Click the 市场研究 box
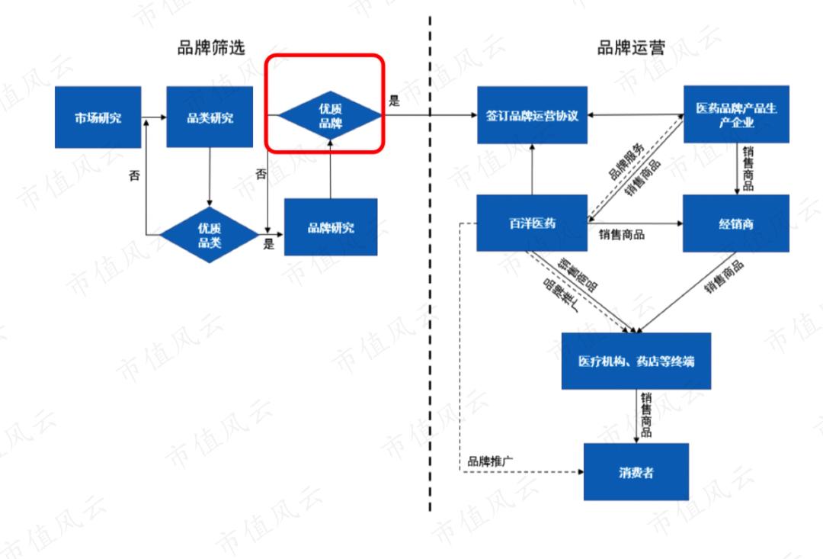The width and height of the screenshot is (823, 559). coord(98,117)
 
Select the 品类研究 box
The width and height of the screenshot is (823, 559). coord(210,117)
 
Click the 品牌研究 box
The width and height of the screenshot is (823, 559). coord(330,227)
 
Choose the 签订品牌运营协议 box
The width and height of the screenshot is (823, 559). coord(532,116)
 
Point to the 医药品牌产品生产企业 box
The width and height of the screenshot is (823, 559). coord(736,116)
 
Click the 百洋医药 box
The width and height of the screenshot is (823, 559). coord(532,223)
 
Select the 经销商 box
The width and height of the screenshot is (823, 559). coord(735,223)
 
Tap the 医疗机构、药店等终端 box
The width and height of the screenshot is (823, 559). coord(636,361)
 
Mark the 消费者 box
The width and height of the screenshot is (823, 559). coord(636,472)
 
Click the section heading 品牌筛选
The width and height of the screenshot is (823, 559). coord(212,49)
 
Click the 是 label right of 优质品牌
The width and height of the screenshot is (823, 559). coord(394,101)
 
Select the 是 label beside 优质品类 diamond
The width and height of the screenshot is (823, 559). coord(268,245)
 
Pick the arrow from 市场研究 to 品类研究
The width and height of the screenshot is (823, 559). coord(154,117)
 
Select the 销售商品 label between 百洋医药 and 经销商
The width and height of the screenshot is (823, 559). coord(622,235)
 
